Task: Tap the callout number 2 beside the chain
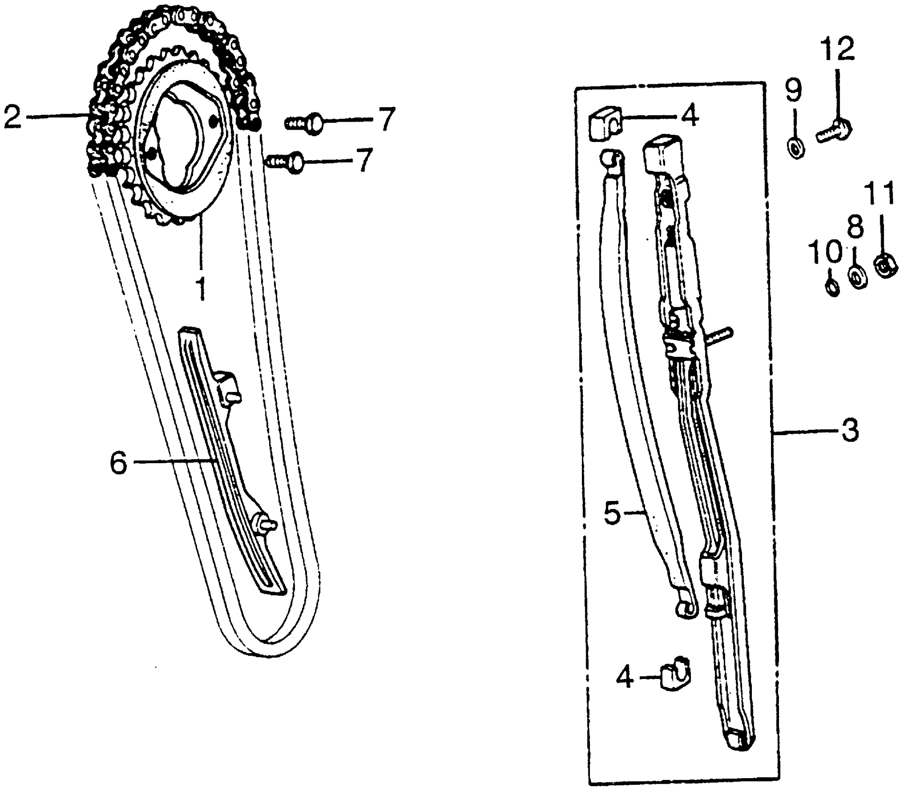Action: pyautogui.click(x=13, y=117)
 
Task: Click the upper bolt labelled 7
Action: pyautogui.click(x=305, y=123)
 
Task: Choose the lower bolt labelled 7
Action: pyautogui.click(x=287, y=162)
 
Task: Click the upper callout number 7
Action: pyautogui.click(x=387, y=119)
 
